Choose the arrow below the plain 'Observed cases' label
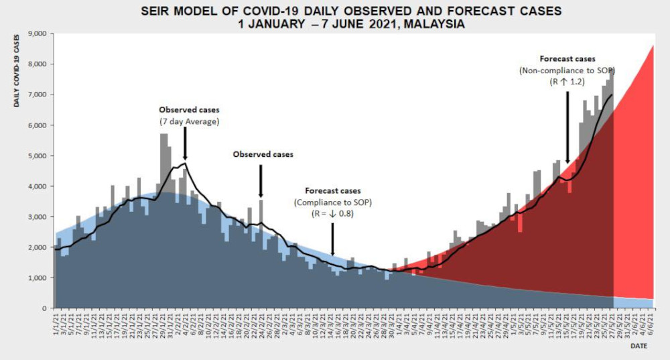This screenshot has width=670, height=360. pos(261,180)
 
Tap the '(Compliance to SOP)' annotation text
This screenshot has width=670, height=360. pos(332,202)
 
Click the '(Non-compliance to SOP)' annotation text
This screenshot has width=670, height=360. pos(567,70)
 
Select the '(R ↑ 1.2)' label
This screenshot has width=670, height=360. pos(567,82)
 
